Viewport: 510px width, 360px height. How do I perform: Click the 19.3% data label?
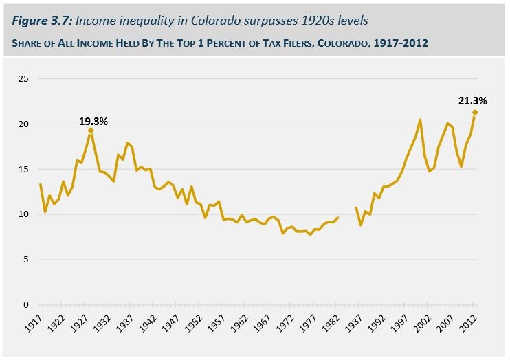[93, 121]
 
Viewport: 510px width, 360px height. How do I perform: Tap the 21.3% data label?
[473, 101]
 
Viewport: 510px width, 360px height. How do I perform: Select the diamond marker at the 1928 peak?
[91, 130]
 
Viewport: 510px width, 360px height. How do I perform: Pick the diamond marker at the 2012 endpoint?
[475, 112]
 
